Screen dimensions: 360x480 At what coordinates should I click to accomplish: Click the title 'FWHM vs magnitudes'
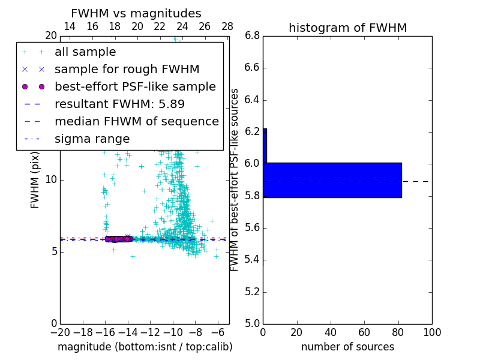tap(136, 14)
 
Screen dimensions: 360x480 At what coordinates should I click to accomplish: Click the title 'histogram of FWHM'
tap(347, 28)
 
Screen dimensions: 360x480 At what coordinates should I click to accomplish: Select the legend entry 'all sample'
tap(85, 52)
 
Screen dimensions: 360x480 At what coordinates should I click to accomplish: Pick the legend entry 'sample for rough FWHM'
tap(127, 70)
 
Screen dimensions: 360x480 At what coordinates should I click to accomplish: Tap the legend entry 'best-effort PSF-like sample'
tap(135, 87)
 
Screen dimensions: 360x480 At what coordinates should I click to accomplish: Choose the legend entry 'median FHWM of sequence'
tap(136, 122)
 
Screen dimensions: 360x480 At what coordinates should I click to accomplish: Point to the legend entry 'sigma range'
tap(92, 139)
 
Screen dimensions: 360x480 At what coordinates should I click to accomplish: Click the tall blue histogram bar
tap(332, 180)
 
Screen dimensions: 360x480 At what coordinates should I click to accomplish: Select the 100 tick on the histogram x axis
tap(431, 332)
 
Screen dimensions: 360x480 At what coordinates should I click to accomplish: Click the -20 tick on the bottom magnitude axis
tap(61, 332)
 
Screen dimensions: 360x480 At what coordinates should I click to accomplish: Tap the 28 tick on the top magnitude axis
tap(227, 27)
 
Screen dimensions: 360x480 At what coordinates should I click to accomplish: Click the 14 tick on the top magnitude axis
tap(70, 27)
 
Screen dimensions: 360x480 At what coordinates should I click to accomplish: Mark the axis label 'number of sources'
tap(347, 347)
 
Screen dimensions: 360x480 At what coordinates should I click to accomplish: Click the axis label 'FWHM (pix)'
tap(35, 179)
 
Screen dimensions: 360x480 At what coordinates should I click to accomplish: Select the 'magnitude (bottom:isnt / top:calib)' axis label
tap(145, 347)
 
